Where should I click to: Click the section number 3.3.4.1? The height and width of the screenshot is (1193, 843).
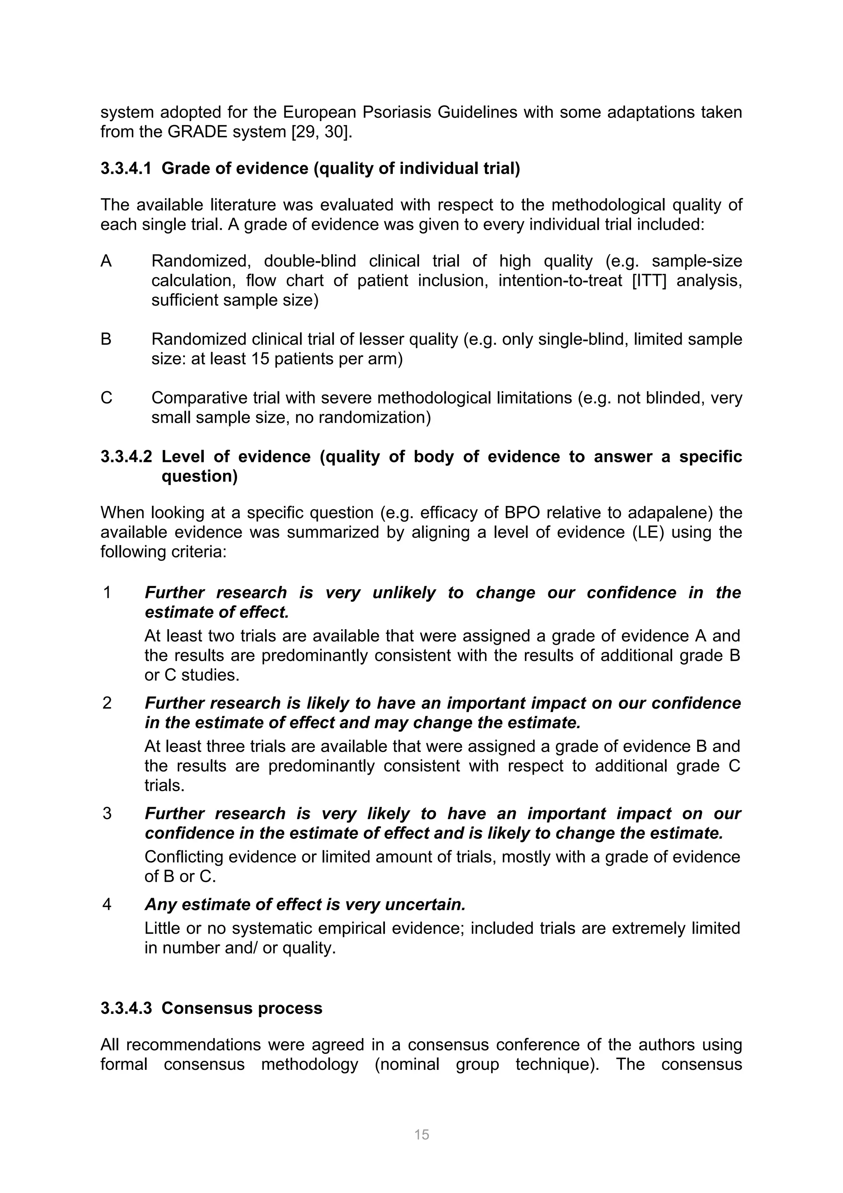[126, 169]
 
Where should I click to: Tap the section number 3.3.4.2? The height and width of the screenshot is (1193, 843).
[126, 457]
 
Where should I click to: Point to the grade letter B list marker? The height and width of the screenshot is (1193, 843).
[106, 339]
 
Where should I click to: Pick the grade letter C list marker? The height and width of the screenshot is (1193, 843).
[106, 398]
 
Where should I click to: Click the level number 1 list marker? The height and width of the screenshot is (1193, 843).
[107, 592]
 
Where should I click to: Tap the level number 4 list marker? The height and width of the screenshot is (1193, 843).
[107, 905]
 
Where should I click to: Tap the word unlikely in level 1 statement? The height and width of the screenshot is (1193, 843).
[404, 592]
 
